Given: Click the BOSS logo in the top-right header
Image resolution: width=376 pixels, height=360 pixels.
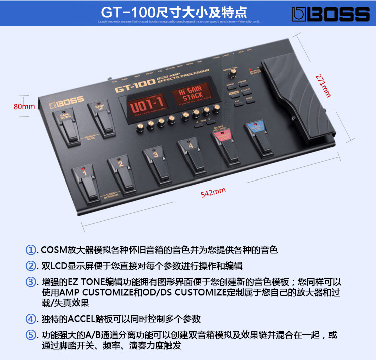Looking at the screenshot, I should (331, 14).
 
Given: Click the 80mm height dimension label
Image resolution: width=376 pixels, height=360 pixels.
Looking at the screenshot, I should (24, 106).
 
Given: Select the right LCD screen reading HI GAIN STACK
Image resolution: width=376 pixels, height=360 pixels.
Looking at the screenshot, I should (192, 94).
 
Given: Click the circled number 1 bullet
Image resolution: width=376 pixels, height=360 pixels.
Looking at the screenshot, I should (32, 249).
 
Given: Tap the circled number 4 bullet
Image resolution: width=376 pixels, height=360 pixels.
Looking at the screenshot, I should (32, 318).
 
